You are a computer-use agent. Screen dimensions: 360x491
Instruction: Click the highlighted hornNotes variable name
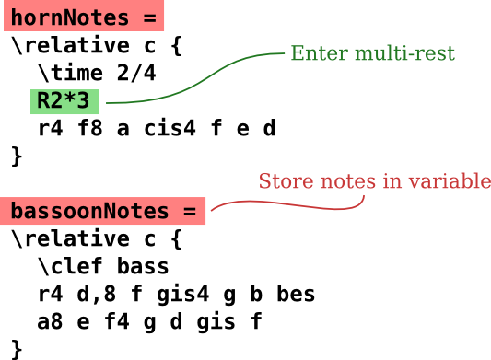click(82, 17)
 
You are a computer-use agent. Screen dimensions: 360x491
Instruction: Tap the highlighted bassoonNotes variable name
click(102, 211)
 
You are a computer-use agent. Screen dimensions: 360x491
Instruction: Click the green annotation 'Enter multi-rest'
click(372, 53)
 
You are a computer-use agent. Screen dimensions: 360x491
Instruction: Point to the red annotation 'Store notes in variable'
click(374, 181)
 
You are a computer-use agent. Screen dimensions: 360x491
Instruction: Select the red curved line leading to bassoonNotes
click(295, 203)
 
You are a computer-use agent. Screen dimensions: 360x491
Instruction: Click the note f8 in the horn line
click(89, 129)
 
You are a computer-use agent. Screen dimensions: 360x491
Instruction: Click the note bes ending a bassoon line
click(296, 295)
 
